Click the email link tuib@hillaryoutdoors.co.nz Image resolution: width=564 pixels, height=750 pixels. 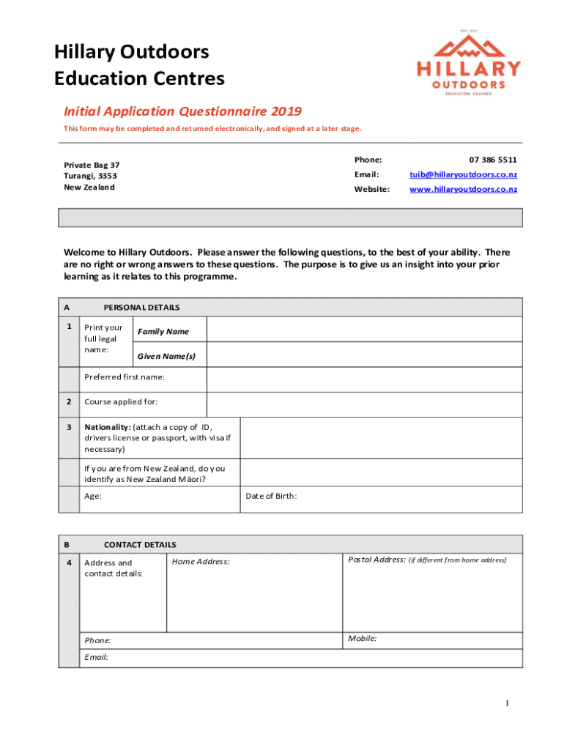[x=462, y=174]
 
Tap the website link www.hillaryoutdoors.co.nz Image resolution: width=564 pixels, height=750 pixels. [x=463, y=189]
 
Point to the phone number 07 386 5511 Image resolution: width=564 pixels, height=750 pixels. [x=493, y=160]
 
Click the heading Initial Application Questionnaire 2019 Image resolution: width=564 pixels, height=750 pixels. [x=182, y=111]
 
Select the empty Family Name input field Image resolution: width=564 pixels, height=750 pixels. [x=364, y=330]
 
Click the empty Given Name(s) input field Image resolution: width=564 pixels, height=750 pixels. [x=364, y=355]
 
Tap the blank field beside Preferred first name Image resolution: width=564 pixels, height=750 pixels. [x=364, y=379]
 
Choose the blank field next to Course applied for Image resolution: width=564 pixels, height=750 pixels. [x=364, y=404]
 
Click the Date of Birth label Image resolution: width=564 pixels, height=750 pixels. [x=271, y=496]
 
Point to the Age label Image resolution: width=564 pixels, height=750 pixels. [x=93, y=496]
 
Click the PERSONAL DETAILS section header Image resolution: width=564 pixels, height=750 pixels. [x=141, y=308]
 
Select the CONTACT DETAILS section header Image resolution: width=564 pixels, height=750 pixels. [x=140, y=545]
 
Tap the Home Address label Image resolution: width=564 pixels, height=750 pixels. [x=201, y=562]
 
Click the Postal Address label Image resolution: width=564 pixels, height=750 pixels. [x=376, y=560]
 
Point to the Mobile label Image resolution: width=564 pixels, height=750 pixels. [x=363, y=639]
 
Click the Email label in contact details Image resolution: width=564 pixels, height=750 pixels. [x=96, y=657]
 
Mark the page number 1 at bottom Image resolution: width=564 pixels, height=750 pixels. [x=506, y=704]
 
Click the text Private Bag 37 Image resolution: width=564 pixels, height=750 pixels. [x=92, y=165]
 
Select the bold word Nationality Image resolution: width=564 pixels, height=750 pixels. [x=108, y=427]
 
